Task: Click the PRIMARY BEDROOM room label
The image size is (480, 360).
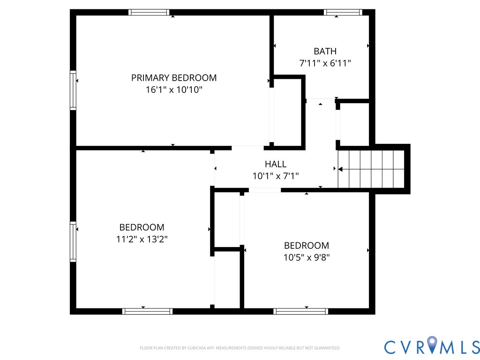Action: click(174, 78)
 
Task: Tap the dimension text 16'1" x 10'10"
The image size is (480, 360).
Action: click(174, 90)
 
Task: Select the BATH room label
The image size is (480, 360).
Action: click(325, 51)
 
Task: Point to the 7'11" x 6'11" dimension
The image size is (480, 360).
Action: click(325, 63)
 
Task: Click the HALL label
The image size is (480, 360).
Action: click(275, 164)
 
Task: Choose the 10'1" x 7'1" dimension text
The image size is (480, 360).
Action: click(275, 176)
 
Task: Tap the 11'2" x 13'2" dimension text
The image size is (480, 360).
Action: click(142, 239)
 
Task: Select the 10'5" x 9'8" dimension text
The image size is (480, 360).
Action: click(306, 257)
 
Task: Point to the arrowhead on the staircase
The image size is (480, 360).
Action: click(340, 169)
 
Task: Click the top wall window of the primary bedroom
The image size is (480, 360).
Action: click(149, 13)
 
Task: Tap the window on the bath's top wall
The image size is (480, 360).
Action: click(343, 13)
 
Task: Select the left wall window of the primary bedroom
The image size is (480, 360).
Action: click(73, 90)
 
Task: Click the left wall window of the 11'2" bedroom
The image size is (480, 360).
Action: click(73, 241)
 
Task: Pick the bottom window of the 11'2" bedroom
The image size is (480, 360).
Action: click(147, 311)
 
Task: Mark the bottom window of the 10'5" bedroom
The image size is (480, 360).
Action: click(300, 311)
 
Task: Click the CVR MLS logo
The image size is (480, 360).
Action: click(432, 346)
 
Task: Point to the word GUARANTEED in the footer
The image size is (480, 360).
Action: click(328, 348)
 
